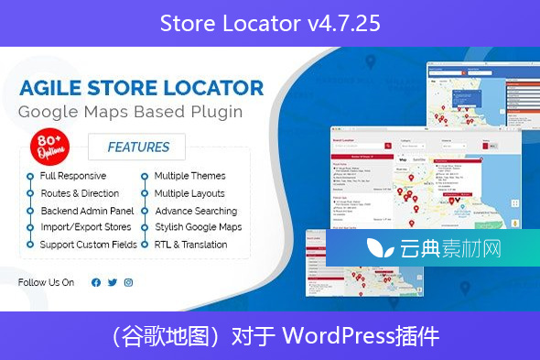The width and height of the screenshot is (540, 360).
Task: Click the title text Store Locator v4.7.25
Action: pos(269,22)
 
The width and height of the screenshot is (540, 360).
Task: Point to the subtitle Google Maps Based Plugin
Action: pos(131,112)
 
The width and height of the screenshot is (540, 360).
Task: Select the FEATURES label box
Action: pos(138,147)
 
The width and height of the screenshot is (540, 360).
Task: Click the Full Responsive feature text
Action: pos(73,176)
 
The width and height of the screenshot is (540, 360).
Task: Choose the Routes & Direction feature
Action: pos(80,193)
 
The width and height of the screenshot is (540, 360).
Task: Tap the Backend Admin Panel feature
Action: pos(86,211)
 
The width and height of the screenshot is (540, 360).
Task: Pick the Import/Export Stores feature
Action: pos(86,227)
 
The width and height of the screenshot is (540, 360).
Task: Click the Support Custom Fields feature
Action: pos(89,245)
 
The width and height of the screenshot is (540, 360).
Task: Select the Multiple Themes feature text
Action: pos(189,176)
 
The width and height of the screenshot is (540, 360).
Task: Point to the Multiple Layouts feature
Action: pos(189,193)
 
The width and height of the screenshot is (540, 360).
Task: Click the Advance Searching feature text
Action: pos(195,211)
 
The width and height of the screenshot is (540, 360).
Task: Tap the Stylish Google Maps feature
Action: pos(198,227)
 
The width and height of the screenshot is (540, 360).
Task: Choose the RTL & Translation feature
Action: pos(190,245)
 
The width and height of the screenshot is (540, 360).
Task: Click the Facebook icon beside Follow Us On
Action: pos(96,282)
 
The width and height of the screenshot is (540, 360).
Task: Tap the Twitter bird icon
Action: pos(113,282)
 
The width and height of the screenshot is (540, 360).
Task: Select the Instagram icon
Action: pos(128,282)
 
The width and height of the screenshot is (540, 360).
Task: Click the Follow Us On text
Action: pos(46,282)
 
